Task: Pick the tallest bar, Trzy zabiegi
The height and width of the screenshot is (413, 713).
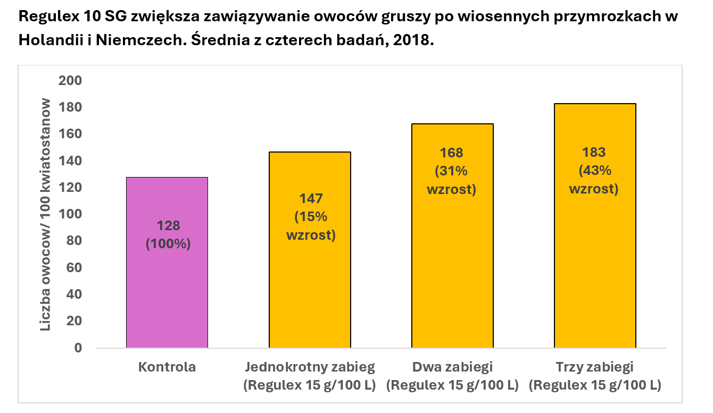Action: (595, 255)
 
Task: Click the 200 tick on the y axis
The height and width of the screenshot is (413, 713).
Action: (70, 81)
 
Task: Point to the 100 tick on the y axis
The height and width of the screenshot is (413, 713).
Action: (70, 214)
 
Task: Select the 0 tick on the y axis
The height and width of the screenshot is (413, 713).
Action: (78, 348)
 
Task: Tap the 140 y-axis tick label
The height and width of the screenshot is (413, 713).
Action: (70, 161)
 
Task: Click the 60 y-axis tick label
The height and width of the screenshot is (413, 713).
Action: (74, 268)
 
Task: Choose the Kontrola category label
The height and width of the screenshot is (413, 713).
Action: (167, 367)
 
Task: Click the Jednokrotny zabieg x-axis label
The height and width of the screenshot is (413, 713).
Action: (310, 367)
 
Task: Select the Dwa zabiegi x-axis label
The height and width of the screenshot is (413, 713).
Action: (452, 367)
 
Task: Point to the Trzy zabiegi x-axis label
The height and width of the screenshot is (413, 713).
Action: (595, 367)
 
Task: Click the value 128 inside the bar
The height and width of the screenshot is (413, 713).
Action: (168, 225)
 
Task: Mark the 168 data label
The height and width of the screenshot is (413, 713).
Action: (452, 153)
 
